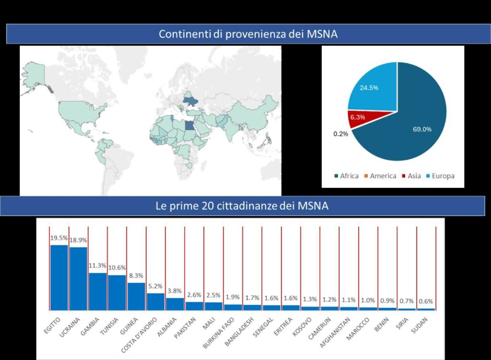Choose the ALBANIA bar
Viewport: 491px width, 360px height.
[x=175, y=304]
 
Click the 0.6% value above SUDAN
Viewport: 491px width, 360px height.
[x=426, y=302]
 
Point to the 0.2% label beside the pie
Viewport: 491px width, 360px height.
[x=340, y=134]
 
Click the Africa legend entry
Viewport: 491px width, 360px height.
[x=346, y=176]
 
